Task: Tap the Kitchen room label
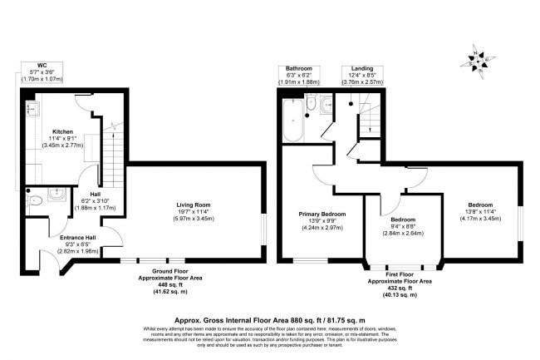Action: [x=63, y=131]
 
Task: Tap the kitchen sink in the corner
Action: [x=32, y=109]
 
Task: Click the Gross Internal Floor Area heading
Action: [x=269, y=318]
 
